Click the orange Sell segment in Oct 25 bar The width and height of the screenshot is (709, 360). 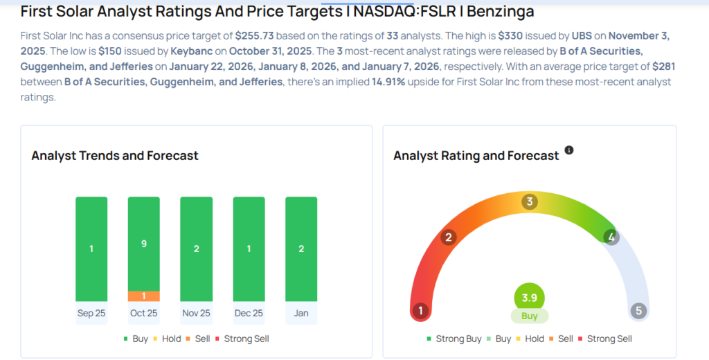point(143,296)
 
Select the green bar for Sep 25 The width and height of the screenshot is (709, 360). point(91,249)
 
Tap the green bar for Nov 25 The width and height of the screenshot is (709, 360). point(196,249)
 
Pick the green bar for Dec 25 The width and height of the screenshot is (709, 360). point(249,249)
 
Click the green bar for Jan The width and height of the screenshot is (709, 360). point(301,249)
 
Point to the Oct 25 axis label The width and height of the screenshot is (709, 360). point(143,313)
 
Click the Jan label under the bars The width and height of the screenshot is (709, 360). point(301,313)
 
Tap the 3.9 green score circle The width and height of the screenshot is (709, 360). point(530,298)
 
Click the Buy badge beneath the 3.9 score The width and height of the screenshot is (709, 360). point(530,316)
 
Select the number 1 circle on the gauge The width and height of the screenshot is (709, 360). point(420,311)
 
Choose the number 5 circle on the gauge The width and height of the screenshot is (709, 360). point(638,311)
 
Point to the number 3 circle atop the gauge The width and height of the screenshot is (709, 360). point(530,202)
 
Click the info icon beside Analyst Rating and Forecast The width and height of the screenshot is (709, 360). point(569,150)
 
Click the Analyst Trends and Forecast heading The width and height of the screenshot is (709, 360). point(115,155)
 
